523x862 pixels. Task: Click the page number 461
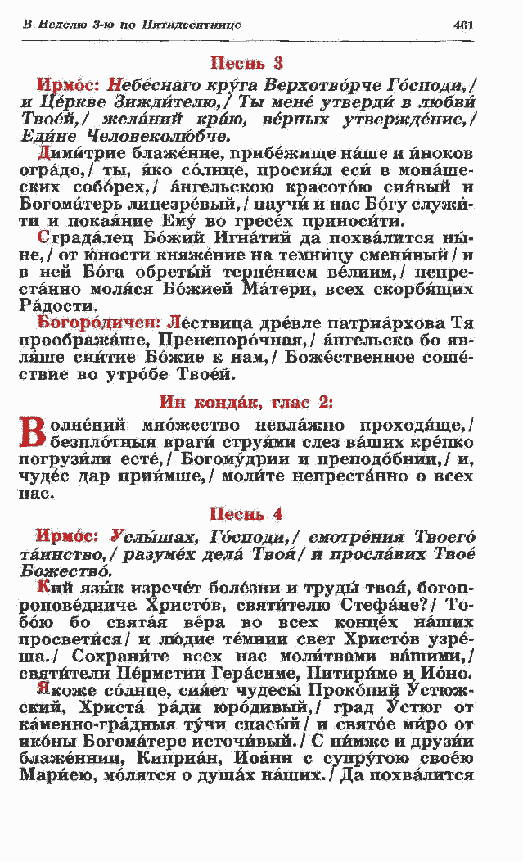(463, 25)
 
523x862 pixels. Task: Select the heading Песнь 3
(247, 62)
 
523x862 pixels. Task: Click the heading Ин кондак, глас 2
(246, 401)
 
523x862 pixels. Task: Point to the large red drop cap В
(29, 434)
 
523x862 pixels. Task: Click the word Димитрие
(82, 153)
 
